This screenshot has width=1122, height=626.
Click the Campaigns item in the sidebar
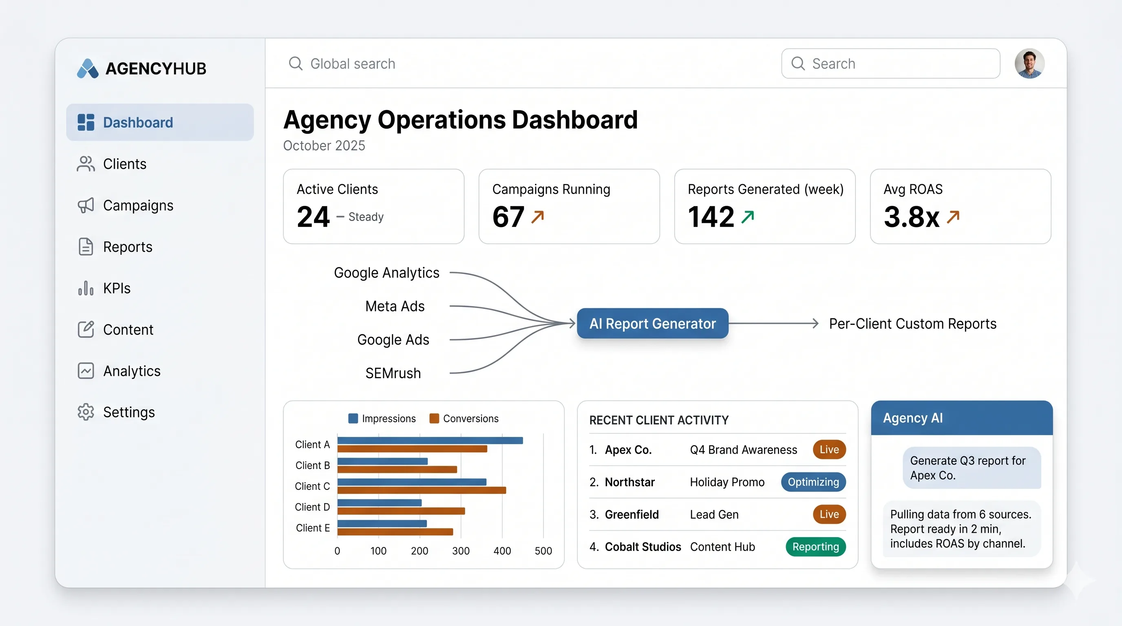tap(138, 205)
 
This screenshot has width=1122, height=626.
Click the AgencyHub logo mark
tap(88, 68)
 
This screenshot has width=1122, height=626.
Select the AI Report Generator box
tap(652, 324)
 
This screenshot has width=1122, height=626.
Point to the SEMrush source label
tap(393, 373)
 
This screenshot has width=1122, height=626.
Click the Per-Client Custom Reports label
tap(912, 324)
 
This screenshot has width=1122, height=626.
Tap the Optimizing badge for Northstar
tap(813, 482)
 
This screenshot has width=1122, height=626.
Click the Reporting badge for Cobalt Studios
tap(815, 547)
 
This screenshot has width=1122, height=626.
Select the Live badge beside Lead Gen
tap(829, 514)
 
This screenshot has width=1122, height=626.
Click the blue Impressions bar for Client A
tap(430, 441)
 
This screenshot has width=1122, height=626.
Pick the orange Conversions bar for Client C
tap(421, 490)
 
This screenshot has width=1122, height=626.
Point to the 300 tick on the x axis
tap(460, 551)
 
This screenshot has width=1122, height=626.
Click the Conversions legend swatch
tap(434, 418)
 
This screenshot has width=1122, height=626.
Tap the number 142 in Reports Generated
tap(711, 217)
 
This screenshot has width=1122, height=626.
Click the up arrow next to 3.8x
tap(953, 217)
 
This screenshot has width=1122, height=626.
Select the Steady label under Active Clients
tap(366, 217)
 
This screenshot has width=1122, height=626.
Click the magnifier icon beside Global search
tap(296, 64)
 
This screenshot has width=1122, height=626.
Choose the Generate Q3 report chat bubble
tap(972, 467)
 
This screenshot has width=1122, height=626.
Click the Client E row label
tap(312, 528)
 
